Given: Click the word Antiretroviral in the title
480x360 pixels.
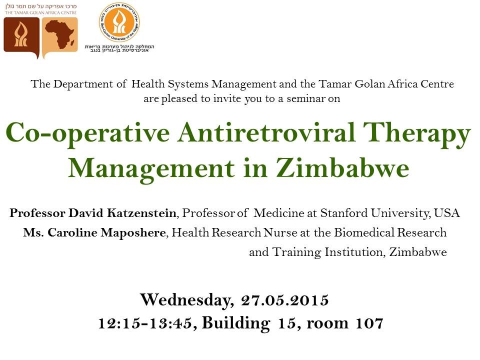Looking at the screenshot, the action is (x=266, y=132).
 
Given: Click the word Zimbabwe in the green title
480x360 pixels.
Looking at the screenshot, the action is (x=342, y=168).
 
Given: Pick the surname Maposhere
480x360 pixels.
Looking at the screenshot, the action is (x=133, y=232).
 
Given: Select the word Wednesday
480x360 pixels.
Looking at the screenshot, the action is (x=186, y=299).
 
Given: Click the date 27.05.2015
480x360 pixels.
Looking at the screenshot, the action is (x=285, y=300).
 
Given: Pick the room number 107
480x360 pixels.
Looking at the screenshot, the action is (x=369, y=323).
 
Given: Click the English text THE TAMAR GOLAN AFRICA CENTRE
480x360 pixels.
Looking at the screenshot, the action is (x=40, y=13).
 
